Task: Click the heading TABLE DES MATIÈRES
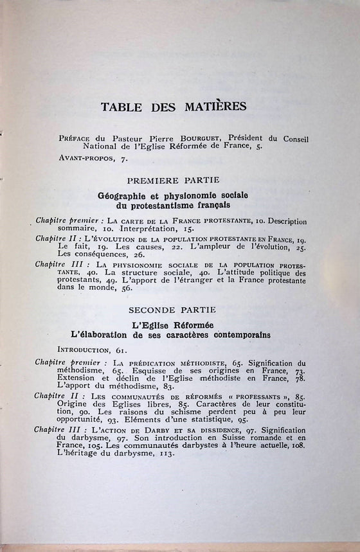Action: pyautogui.click(x=173, y=105)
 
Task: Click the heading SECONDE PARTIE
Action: pyautogui.click(x=173, y=310)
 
